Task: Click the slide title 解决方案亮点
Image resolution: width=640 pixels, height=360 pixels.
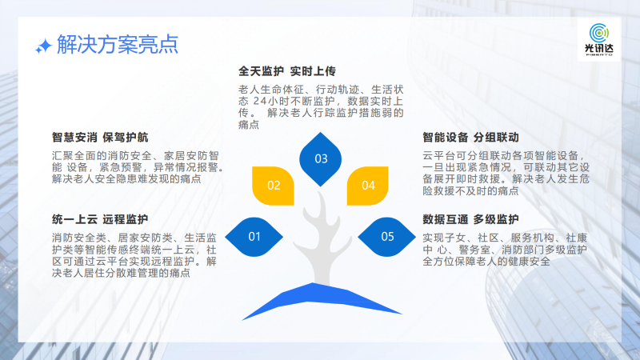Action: (x=118, y=45)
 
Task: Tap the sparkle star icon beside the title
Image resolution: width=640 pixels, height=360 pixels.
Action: (x=43, y=46)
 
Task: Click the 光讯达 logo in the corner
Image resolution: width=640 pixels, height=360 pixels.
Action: (x=598, y=39)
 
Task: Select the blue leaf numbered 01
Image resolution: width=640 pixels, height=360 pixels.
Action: (x=254, y=237)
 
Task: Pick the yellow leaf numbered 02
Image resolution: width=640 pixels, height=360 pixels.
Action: (x=273, y=186)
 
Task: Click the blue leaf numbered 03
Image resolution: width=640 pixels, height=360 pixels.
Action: (x=321, y=159)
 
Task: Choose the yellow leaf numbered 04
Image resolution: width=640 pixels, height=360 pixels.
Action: (x=367, y=186)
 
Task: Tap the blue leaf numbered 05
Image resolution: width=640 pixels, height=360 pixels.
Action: (x=387, y=237)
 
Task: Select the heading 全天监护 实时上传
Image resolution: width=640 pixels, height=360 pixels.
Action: (x=287, y=71)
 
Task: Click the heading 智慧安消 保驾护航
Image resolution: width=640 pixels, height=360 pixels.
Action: (x=100, y=138)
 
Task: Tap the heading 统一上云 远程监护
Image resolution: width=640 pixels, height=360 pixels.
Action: (x=100, y=219)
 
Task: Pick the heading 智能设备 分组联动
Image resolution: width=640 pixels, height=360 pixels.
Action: (x=470, y=138)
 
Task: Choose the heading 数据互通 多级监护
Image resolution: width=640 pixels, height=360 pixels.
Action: (x=470, y=219)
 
